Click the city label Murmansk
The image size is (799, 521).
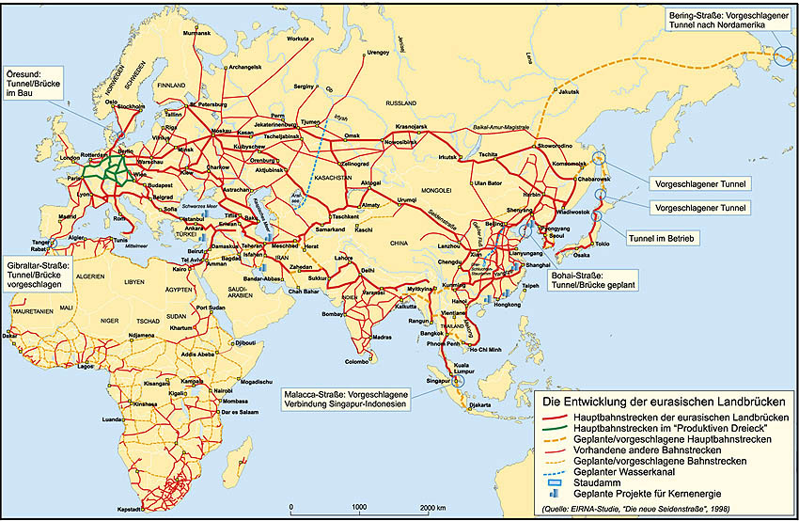[197, 33]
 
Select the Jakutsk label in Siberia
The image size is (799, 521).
[571, 91]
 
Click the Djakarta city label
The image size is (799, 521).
[480, 405]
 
